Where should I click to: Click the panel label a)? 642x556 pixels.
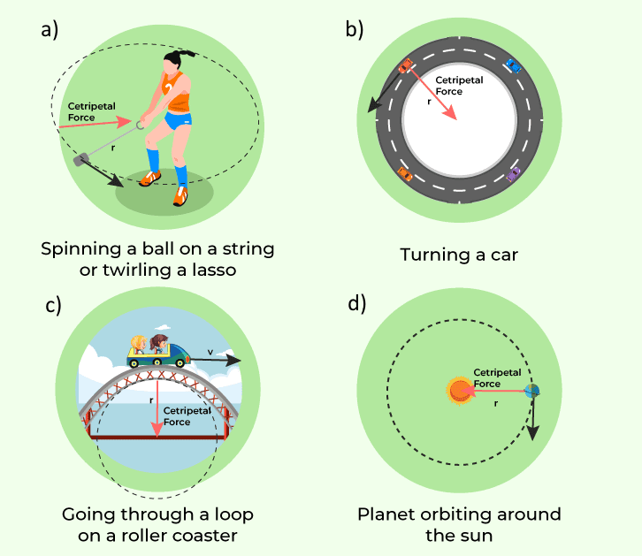[50, 29]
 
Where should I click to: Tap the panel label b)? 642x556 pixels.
[355, 29]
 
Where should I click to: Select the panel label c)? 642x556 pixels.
[53, 306]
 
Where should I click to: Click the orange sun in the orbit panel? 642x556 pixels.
[461, 391]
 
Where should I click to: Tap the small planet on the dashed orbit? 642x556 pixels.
[532, 392]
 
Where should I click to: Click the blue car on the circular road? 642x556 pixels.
[513, 65]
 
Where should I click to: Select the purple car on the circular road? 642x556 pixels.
[514, 173]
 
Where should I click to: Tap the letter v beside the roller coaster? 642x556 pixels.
[210, 352]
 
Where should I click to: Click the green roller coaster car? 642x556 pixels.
[159, 354]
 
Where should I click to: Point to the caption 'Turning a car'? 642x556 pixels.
[458, 255]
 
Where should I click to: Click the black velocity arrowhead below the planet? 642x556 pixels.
[533, 433]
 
